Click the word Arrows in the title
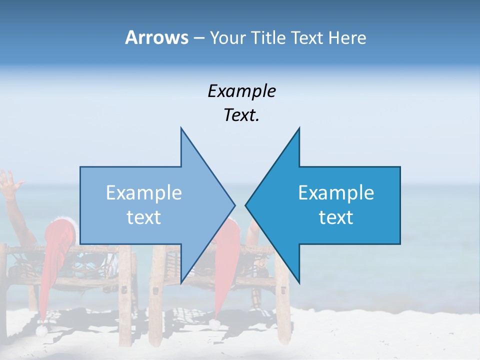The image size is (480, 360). tap(156, 37)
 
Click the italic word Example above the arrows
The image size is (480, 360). tap(241, 91)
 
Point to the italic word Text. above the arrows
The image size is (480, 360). tap(241, 115)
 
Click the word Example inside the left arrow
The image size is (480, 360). tap(144, 193)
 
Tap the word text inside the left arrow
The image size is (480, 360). tap(144, 217)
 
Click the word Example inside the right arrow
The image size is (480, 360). tap(336, 193)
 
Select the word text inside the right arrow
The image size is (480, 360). tap(336, 217)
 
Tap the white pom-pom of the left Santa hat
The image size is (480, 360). tap(42, 330)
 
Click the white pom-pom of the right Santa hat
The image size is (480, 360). tap(214, 324)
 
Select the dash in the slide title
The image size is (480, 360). tap(198, 38)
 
